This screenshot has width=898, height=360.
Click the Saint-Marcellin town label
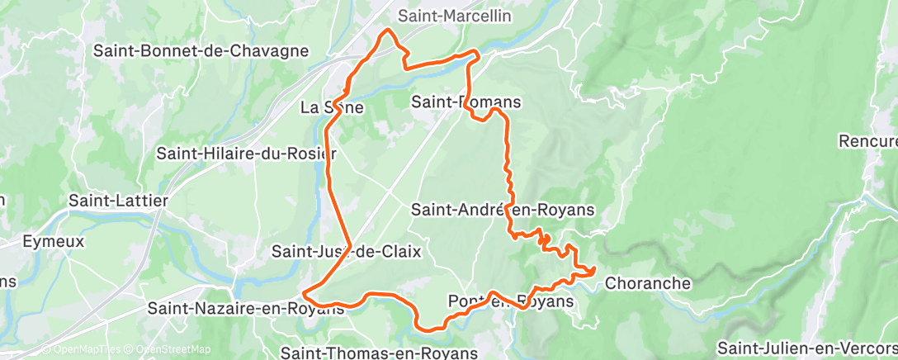(x=454, y=16)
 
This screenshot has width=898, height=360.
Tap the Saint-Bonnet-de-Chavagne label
(x=201, y=50)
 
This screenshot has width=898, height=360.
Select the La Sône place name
(x=331, y=107)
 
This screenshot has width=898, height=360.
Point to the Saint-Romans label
(x=466, y=102)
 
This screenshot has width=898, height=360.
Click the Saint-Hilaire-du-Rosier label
(x=246, y=154)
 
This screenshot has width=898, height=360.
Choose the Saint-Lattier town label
(x=119, y=201)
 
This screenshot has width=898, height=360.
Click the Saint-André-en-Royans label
(x=503, y=210)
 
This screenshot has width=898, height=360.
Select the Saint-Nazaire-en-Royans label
(x=245, y=309)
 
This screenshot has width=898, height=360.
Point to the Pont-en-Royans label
(x=509, y=301)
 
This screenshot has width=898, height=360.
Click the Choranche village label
(x=648, y=283)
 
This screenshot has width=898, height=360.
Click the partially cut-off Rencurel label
(x=867, y=141)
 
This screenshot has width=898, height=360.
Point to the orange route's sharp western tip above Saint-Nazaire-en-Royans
(x=305, y=292)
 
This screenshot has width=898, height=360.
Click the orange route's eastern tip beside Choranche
(x=593, y=269)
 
